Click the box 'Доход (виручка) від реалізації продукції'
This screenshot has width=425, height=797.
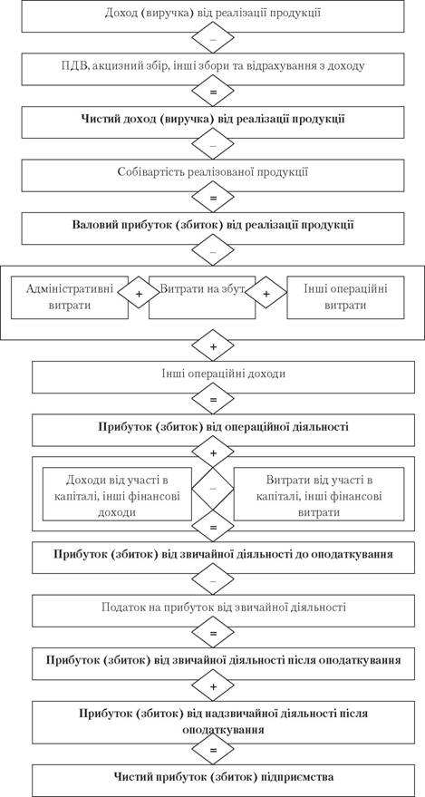click(x=213, y=15)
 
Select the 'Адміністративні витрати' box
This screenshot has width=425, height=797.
click(x=70, y=297)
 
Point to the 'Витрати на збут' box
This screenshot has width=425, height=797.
click(x=202, y=297)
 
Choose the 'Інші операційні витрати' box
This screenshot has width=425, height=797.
click(x=346, y=297)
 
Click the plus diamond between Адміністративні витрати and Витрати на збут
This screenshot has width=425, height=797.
click(x=138, y=295)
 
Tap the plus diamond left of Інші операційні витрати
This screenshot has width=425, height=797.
click(x=266, y=295)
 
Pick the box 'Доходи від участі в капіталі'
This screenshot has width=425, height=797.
click(x=117, y=494)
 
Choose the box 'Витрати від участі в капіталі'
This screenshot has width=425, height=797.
click(x=319, y=494)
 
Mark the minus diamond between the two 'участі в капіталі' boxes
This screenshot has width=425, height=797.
click(x=213, y=489)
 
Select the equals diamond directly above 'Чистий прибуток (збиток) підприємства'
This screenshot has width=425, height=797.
click(x=213, y=750)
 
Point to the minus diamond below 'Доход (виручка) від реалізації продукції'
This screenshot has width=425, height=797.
click(x=213, y=37)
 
